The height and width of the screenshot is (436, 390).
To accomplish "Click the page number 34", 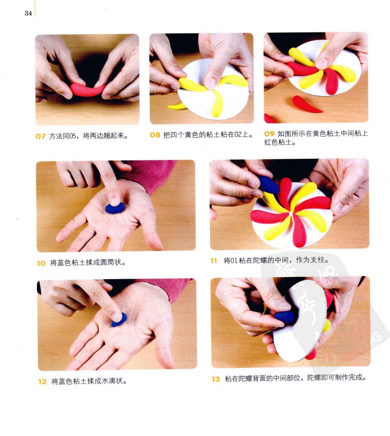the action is (x=28, y=13).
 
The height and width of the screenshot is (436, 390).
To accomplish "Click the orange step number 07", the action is (x=40, y=136).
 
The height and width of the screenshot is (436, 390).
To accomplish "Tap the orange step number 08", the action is (x=155, y=135).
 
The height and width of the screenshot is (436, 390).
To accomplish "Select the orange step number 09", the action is (x=269, y=134).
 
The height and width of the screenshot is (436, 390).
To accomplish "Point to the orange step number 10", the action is (x=41, y=263).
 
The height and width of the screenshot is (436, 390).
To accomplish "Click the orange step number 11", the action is (x=213, y=261).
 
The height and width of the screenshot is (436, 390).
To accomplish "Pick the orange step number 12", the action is (x=42, y=382).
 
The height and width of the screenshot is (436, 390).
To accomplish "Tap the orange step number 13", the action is (x=215, y=379).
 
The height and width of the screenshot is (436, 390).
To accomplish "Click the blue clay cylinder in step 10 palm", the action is (x=115, y=208).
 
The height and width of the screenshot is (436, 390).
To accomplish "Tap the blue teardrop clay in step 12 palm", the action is (x=119, y=320).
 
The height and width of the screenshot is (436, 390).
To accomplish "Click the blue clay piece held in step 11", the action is (x=269, y=185).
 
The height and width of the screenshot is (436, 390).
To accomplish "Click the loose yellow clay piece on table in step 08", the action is (x=176, y=106).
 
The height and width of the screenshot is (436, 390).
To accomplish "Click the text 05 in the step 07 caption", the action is (x=73, y=136).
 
